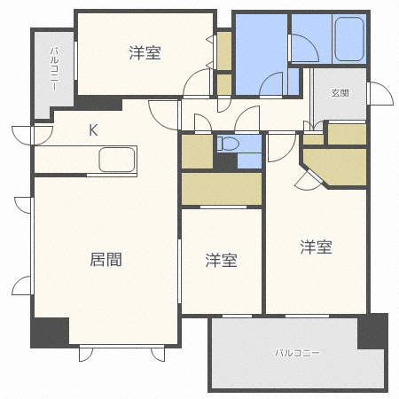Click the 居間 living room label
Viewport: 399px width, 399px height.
[x=106, y=260]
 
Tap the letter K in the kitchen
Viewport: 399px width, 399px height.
[x=93, y=130]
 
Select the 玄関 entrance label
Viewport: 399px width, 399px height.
[x=340, y=92]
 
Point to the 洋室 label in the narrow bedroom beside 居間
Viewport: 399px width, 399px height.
[x=221, y=260]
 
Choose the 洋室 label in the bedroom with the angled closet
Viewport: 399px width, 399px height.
[x=315, y=247]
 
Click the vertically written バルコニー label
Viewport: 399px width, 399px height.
[x=54, y=72]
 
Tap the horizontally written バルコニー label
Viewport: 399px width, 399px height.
[x=297, y=353]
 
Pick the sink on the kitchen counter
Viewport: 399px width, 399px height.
[x=117, y=160]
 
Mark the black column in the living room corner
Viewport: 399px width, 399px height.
[x=50, y=332]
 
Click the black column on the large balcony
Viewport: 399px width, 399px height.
[x=372, y=332]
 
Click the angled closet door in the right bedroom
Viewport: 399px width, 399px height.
[x=308, y=181]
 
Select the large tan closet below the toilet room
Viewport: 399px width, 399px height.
[x=221, y=188]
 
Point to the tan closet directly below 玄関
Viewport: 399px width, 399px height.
[x=347, y=134]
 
